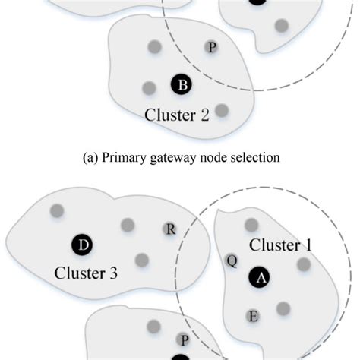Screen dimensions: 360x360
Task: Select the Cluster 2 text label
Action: [x=177, y=115]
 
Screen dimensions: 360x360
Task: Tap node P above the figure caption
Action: [x=211, y=48]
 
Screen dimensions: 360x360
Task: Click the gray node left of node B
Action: [x=149, y=87]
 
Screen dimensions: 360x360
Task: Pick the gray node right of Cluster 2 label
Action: [x=221, y=111]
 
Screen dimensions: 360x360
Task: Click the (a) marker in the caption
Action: [x=88, y=158]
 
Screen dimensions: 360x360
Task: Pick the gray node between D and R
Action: [x=128, y=225]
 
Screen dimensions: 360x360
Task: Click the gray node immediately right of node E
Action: [x=283, y=308]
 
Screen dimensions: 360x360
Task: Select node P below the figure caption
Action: [x=183, y=339]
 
